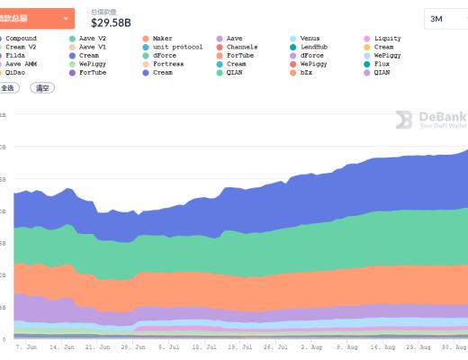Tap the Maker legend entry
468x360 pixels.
pyautogui.click(x=162, y=39)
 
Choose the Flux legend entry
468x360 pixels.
pyautogui.click(x=381, y=64)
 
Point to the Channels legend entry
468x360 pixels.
pyautogui.click(x=240, y=47)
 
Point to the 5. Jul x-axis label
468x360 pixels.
pyautogui.click(x=171, y=345)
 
